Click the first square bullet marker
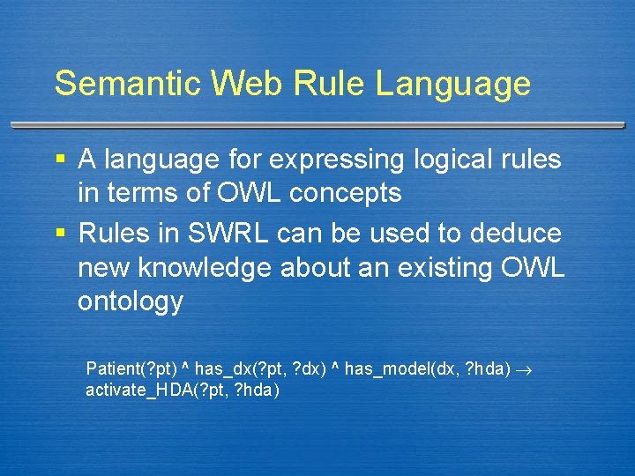(x=60, y=160)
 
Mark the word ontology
(x=131, y=302)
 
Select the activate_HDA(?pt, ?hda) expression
(x=182, y=390)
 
